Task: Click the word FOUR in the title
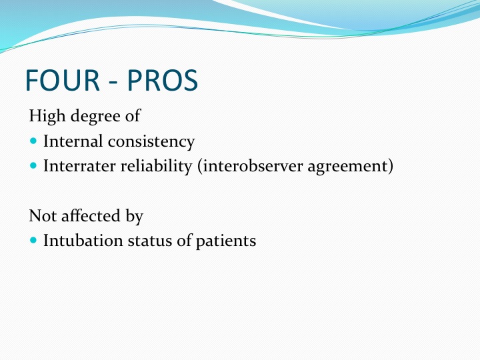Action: tap(63, 80)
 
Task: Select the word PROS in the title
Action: tap(163, 80)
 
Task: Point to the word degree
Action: tap(96, 116)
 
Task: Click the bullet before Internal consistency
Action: tap(33, 141)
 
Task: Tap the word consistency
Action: tap(151, 142)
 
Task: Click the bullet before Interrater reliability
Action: tap(33, 165)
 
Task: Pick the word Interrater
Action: tap(79, 166)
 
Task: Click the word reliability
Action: tap(156, 167)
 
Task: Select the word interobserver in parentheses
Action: tap(250, 166)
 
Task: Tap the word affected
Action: tap(91, 215)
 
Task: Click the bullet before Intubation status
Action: tap(33, 240)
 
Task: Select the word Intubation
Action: tap(83, 240)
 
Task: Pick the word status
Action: tap(150, 241)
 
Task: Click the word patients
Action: tap(226, 241)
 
